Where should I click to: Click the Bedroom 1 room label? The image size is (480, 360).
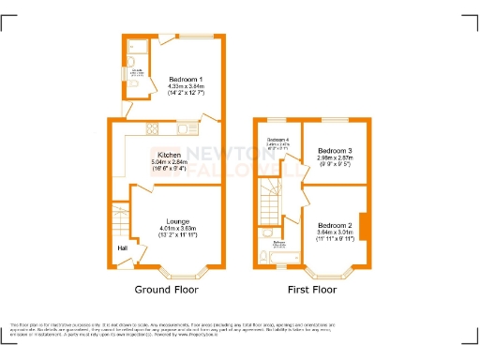182,79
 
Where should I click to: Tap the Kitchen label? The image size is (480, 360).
169,154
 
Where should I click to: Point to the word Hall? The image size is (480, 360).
122,247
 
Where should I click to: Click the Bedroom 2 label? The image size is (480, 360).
335,226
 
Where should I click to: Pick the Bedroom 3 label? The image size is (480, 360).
335,151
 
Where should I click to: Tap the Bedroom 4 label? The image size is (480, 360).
278,140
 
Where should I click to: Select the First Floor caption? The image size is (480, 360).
311,290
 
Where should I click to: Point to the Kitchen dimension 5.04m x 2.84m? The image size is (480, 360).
169,161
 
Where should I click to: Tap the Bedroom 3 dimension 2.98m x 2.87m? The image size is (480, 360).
335,158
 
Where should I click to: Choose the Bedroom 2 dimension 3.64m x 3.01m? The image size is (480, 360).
335,232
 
